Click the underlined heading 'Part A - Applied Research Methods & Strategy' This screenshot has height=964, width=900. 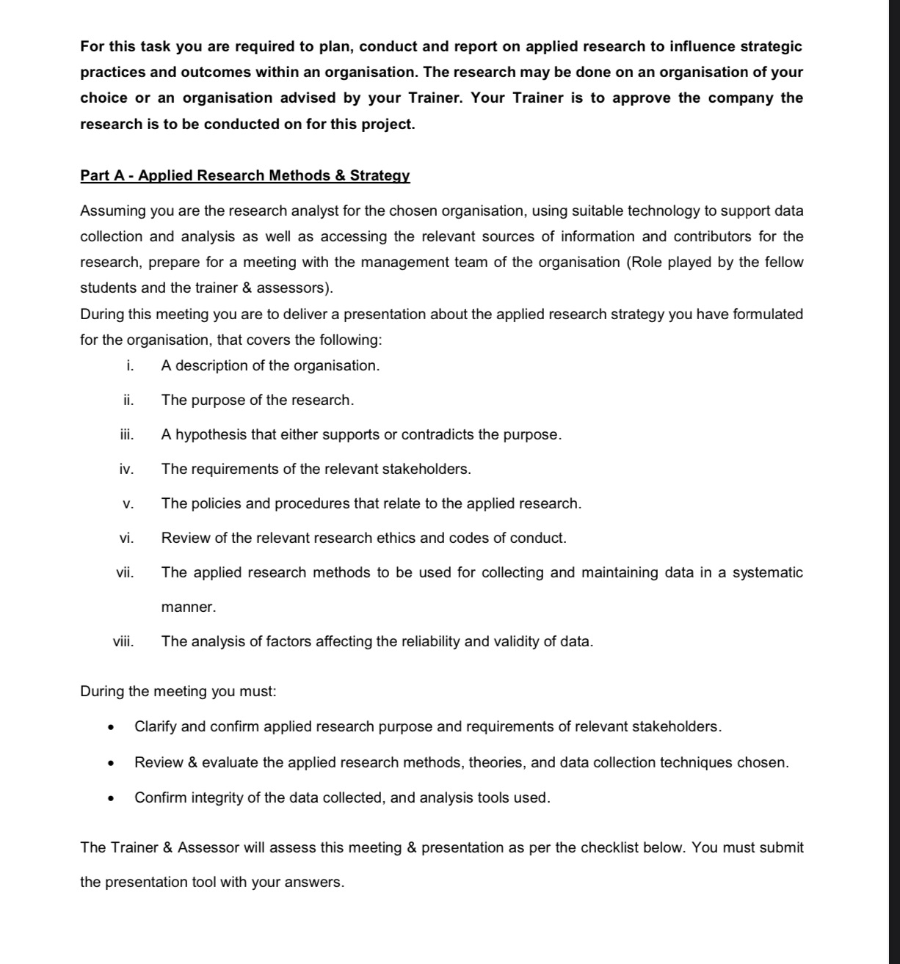244,176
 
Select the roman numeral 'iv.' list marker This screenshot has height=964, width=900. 126,470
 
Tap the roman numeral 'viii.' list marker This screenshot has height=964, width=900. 123,642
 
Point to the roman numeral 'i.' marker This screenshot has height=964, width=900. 129,366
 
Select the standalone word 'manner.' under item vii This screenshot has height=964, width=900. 189,607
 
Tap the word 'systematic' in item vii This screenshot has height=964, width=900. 767,573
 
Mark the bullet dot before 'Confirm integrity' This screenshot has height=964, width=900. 110,799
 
